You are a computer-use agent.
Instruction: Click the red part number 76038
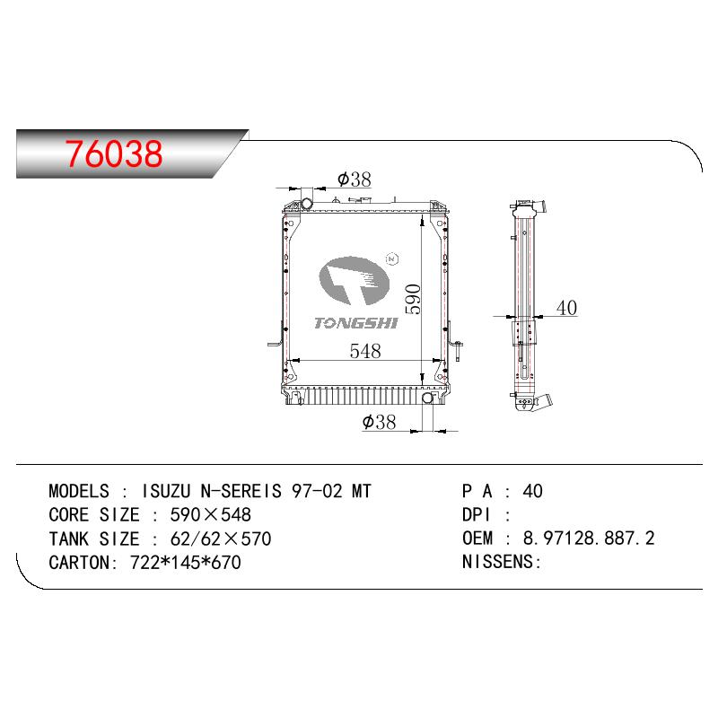click(x=114, y=153)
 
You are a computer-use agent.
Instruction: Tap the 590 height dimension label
click(x=413, y=299)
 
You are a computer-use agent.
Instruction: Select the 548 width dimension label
click(x=365, y=351)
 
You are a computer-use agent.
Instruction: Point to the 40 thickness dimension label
click(x=566, y=308)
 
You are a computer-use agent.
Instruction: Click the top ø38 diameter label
click(x=354, y=179)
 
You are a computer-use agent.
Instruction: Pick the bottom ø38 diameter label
click(x=379, y=422)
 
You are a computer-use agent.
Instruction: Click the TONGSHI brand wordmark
click(x=355, y=323)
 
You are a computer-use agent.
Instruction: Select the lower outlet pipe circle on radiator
click(x=427, y=398)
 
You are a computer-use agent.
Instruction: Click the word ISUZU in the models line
click(x=166, y=491)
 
